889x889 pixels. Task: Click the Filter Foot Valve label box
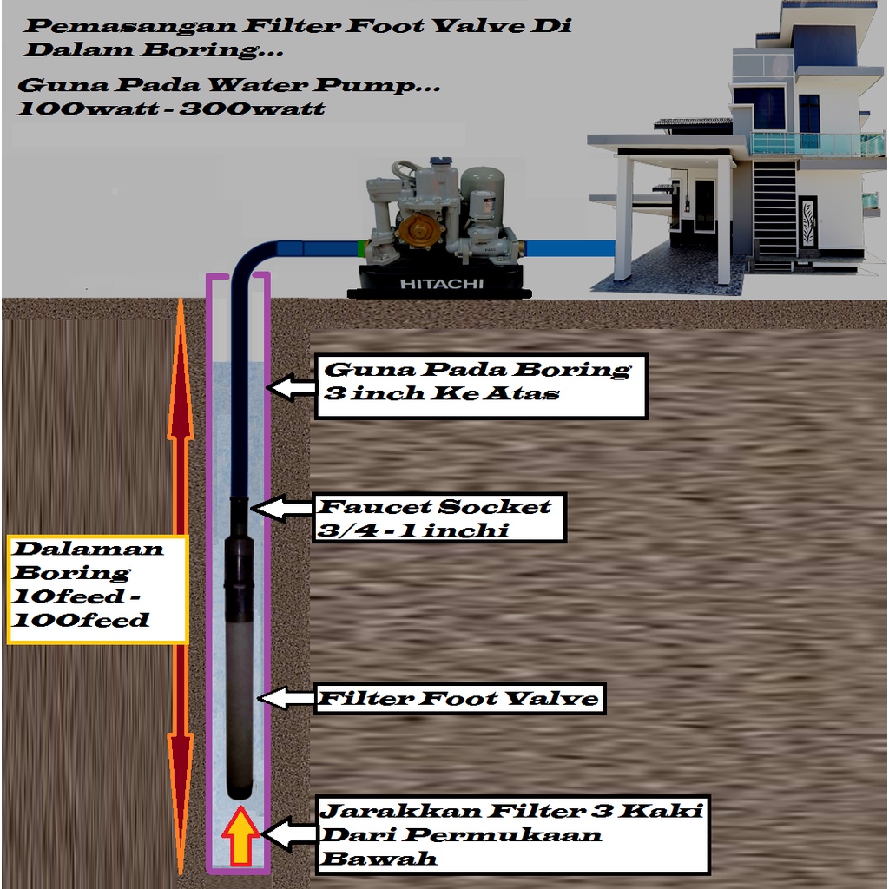point(460,698)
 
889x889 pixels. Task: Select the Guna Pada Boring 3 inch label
point(478,382)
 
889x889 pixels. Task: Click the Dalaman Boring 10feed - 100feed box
point(95,590)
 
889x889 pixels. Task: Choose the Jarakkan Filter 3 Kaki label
point(512,835)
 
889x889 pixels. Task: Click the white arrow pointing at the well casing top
point(291,387)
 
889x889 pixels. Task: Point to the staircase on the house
point(774,208)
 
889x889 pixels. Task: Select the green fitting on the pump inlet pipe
point(359,248)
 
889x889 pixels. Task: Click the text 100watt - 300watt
point(170,109)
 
